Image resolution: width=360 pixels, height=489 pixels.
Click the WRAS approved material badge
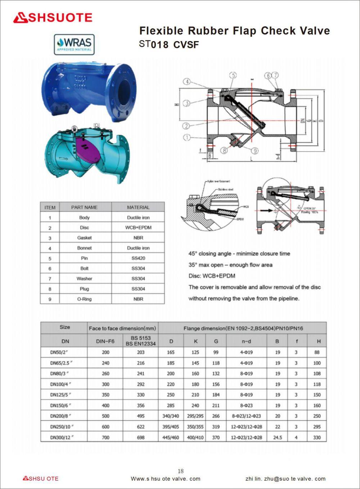[x=74, y=44]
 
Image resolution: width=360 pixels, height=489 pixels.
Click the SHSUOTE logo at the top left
[x=53, y=18]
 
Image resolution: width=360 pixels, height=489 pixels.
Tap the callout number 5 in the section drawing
[x=233, y=75]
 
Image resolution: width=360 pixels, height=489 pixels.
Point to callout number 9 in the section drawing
[x=255, y=151]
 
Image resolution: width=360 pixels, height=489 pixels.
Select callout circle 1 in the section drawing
[x=186, y=137]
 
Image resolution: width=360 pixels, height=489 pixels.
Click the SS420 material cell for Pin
[x=138, y=258]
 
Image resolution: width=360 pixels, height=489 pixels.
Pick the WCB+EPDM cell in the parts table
[x=138, y=228]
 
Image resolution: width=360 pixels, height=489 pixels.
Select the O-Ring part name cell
[x=84, y=299]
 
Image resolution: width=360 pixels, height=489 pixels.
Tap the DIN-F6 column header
[x=105, y=341]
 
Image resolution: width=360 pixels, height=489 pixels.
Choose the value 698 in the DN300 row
[x=140, y=438]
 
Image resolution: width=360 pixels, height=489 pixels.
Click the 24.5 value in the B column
[x=277, y=438]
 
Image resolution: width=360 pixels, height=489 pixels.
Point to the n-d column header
[x=246, y=341]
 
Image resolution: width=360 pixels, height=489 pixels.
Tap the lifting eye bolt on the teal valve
[x=75, y=128]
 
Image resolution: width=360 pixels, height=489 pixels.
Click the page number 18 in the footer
[x=180, y=471]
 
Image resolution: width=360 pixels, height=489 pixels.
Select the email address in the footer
[x=285, y=479]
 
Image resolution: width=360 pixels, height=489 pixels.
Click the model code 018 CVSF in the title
[x=175, y=45]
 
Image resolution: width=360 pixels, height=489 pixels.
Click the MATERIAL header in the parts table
[x=138, y=207]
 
